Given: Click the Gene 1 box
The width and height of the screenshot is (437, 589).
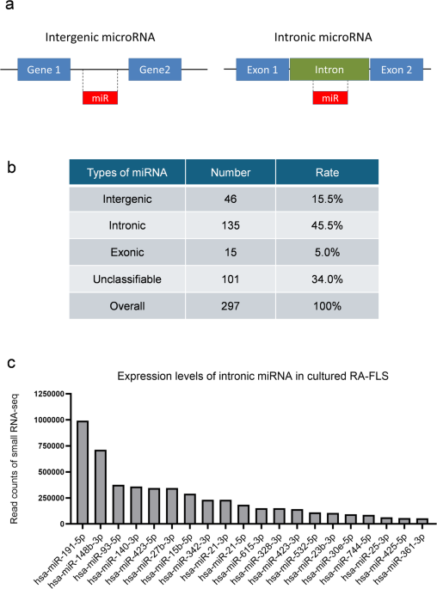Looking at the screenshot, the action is [x=44, y=70].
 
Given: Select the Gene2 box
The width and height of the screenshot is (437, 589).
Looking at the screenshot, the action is [x=155, y=70].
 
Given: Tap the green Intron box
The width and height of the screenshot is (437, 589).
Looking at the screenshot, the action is [x=329, y=70].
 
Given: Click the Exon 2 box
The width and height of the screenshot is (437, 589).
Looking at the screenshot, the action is [x=397, y=70].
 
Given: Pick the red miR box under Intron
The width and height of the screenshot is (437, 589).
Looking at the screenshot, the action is [x=330, y=98].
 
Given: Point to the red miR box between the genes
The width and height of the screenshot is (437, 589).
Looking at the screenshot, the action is [x=100, y=98].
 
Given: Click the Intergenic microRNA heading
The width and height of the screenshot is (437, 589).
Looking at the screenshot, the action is [x=100, y=37].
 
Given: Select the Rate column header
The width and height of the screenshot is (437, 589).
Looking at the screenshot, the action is [x=327, y=172].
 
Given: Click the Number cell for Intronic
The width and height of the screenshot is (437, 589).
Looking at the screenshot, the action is [x=231, y=225].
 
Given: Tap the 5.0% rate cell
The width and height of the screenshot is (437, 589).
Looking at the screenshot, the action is [x=327, y=252].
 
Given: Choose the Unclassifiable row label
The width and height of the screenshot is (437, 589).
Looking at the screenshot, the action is [x=127, y=279].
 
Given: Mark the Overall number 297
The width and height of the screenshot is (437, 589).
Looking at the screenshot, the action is [x=231, y=306].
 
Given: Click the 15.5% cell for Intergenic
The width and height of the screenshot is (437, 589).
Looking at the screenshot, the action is [x=327, y=199].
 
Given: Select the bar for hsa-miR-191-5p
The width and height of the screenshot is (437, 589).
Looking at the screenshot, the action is [x=83, y=472].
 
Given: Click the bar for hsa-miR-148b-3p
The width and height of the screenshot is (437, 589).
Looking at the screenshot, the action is [x=101, y=487].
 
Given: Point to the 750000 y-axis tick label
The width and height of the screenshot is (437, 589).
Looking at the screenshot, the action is [x=49, y=446].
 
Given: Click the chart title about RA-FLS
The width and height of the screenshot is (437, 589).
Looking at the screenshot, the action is [x=253, y=376].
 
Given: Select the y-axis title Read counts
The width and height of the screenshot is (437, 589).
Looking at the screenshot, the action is [x=14, y=458].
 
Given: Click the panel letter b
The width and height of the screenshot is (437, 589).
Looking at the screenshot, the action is [x=12, y=167].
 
